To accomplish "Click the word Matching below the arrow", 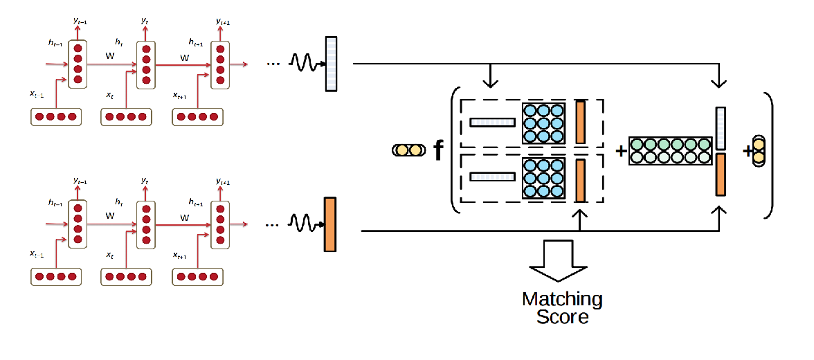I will [x=562, y=299].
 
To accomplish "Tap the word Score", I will [x=562, y=317].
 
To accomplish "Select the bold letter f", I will [x=438, y=150].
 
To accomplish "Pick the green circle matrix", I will [x=670, y=151].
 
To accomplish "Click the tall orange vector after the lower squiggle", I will [x=329, y=224].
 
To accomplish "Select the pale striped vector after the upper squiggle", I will [x=330, y=64].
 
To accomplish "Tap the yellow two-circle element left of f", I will [x=408, y=150].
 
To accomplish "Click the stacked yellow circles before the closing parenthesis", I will [x=758, y=150].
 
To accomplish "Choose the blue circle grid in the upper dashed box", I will [x=544, y=123].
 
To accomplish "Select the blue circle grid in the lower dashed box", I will [x=544, y=178].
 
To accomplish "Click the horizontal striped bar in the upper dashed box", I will [x=493, y=123].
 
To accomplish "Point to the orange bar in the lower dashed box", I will [x=580, y=179].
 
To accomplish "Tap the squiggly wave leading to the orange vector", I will [x=305, y=224].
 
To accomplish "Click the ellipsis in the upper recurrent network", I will [x=273, y=64].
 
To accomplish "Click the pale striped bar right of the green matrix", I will [x=721, y=128].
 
